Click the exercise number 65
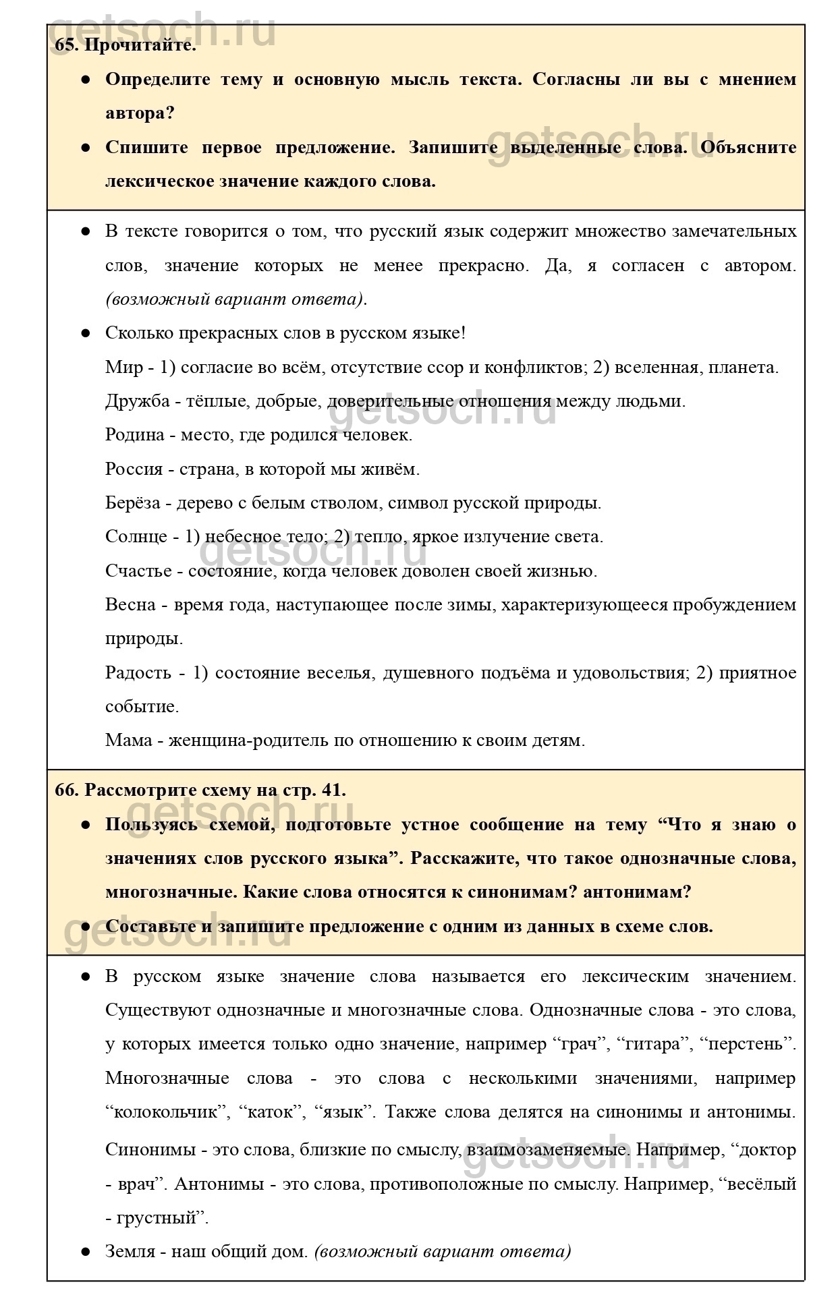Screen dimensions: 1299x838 click(x=65, y=46)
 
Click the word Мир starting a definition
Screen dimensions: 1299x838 click(x=123, y=368)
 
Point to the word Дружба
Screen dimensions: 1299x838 click(x=137, y=401)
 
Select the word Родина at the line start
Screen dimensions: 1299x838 click(x=135, y=435)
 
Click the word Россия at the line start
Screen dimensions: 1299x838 click(x=134, y=469)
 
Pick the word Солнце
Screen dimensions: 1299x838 click(x=136, y=537)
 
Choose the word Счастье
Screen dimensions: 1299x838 click(x=138, y=571)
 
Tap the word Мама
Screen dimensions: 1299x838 click(x=128, y=741)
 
